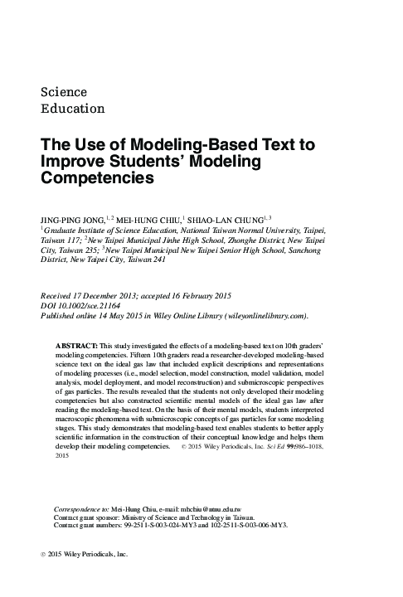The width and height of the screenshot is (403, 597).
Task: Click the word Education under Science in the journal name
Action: [x=72, y=108]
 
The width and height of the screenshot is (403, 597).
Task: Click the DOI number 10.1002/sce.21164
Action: [x=94, y=305]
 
